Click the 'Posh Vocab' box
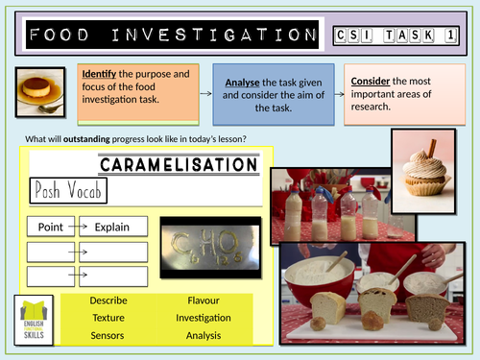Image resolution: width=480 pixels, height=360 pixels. [x=66, y=190]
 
